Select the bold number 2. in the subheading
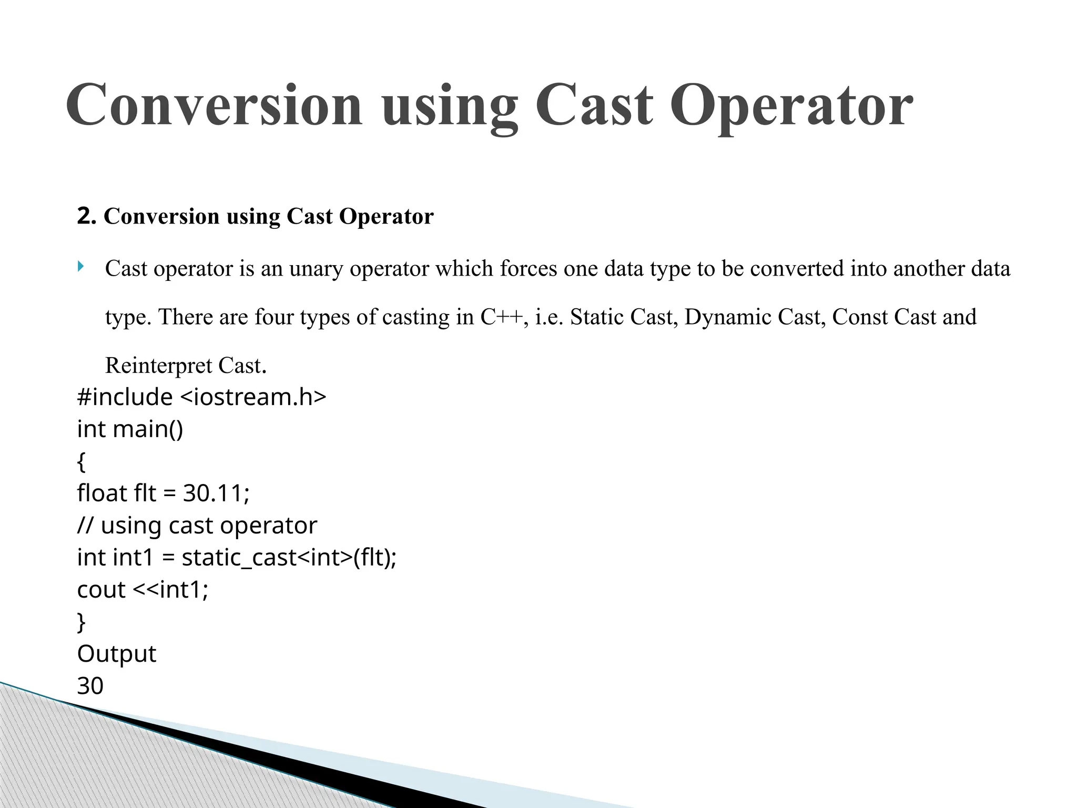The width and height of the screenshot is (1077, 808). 86,216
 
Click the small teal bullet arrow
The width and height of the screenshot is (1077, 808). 80,267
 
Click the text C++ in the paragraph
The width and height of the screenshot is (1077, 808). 501,317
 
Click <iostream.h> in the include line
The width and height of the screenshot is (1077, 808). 253,397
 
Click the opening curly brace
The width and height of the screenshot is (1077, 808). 81,462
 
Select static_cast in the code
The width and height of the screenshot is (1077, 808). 239,558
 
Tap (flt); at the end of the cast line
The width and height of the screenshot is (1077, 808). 375,558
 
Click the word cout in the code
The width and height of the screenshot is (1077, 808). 101,590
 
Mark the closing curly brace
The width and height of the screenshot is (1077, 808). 81,622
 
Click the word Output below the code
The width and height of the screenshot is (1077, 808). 116,654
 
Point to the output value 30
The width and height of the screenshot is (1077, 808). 90,686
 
